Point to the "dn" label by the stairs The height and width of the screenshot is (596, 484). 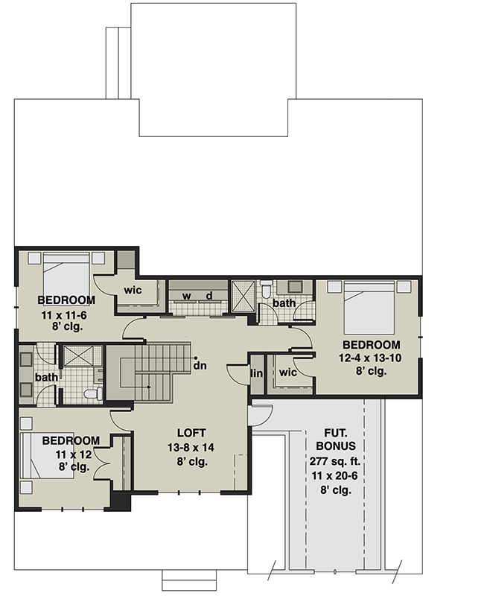(x=200, y=365)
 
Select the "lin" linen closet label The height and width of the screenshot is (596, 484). (x=257, y=373)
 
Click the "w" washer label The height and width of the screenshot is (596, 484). (x=188, y=297)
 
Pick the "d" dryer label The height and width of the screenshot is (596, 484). (x=210, y=297)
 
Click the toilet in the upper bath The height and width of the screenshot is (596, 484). (x=266, y=288)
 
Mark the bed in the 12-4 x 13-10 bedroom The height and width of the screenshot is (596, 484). (x=368, y=306)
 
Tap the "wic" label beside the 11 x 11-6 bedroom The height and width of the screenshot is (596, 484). (x=133, y=290)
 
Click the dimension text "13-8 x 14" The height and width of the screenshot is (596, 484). (x=191, y=447)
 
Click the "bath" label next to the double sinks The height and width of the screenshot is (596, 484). (x=46, y=377)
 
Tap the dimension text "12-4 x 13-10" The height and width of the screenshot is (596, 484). (x=371, y=358)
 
